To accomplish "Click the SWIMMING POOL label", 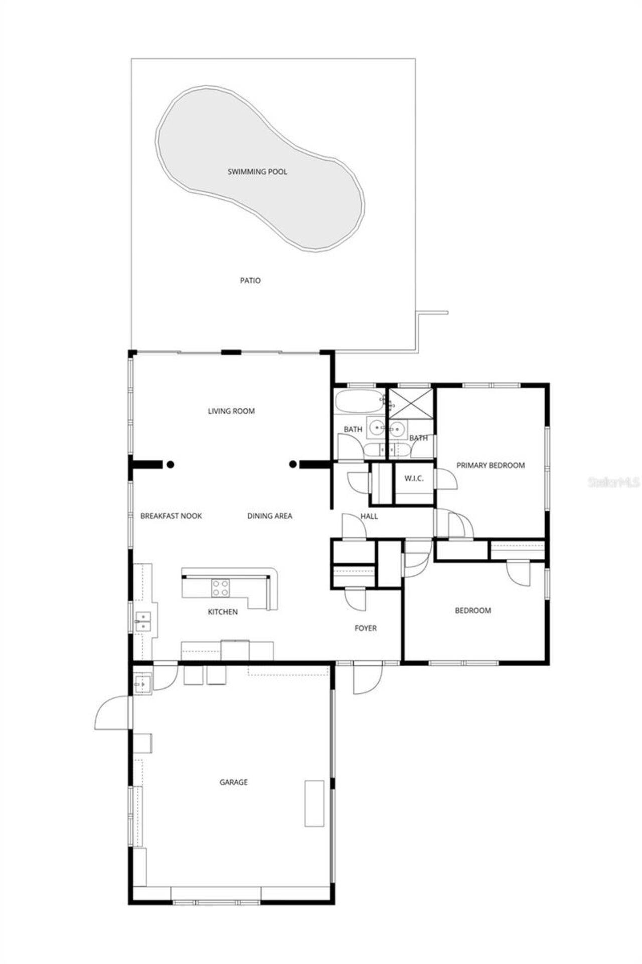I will tap(257, 172).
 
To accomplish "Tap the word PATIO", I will tap(250, 281).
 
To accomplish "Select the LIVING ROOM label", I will tap(231, 411).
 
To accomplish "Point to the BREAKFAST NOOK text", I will tap(171, 516).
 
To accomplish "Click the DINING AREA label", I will tap(269, 516).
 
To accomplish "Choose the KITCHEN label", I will tap(223, 612).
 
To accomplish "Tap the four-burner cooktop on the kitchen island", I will tap(220, 588).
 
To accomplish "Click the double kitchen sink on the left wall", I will tap(142, 621).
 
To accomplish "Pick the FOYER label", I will tap(365, 628).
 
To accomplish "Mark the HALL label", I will tap(369, 516).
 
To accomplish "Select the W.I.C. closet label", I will tap(414, 478).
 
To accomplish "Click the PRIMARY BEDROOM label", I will tap(491, 465).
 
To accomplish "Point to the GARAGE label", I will tap(234, 782).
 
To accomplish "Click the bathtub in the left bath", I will tap(359, 402).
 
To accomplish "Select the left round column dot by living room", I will tap(171, 464).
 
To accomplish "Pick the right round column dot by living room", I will tap(293, 464).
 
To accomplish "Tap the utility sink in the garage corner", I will tap(142, 684).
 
